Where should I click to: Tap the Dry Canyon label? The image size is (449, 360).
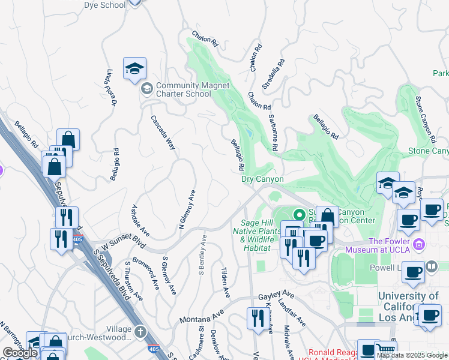point(262,179)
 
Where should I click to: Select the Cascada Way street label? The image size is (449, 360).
point(163,132)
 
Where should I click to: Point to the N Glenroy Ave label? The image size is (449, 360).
point(187,210)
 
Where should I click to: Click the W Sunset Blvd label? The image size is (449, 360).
point(124,244)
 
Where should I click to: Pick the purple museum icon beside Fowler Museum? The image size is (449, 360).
point(420,244)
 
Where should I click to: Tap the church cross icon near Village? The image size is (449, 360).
point(140,331)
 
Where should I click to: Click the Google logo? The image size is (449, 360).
point(20,353)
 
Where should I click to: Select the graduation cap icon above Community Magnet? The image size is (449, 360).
point(135,69)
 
